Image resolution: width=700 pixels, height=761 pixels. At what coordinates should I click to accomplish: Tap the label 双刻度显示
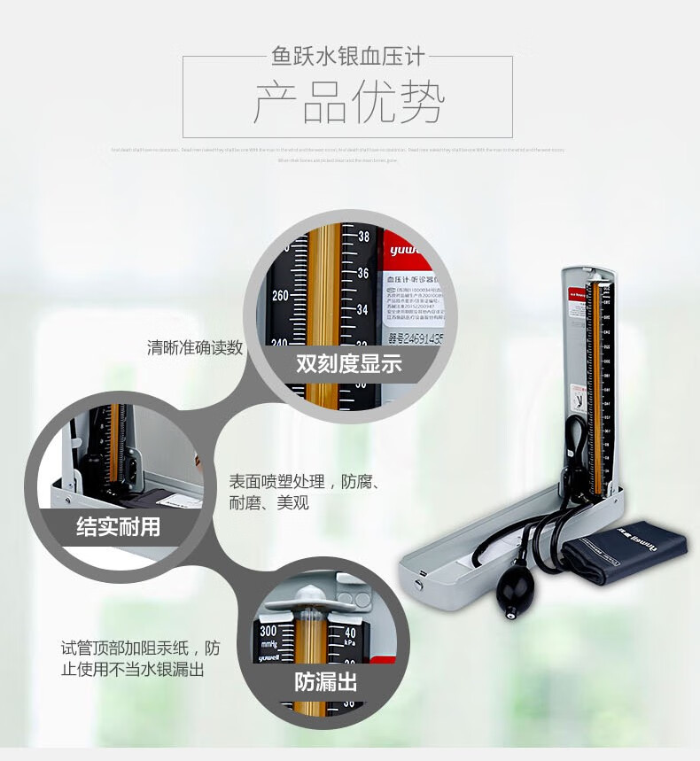[349, 364]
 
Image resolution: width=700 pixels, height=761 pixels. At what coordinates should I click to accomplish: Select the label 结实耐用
[118, 527]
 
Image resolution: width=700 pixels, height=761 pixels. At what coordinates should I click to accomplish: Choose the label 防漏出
[326, 681]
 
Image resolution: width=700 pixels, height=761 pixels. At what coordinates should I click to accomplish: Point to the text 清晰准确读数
[195, 347]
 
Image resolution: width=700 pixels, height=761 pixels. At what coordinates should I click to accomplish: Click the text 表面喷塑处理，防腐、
[305, 483]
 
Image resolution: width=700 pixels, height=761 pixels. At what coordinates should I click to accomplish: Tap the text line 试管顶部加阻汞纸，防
[140, 648]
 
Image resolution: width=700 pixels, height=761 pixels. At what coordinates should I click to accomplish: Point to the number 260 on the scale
[281, 295]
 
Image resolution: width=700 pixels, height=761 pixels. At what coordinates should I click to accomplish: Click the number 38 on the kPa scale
[363, 237]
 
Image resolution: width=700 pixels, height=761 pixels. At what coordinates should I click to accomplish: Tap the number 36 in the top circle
[363, 274]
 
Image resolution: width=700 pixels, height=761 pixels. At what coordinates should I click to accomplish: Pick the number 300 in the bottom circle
[270, 631]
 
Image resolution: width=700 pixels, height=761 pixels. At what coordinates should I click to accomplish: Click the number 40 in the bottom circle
[350, 632]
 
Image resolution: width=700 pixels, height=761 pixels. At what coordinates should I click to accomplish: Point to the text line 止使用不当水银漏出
[133, 670]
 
